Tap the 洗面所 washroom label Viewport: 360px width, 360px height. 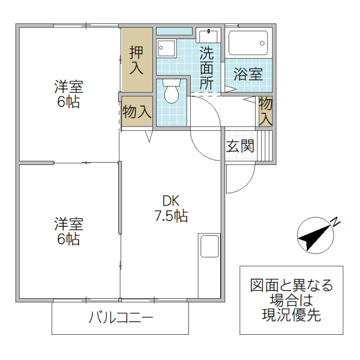coord(206,67)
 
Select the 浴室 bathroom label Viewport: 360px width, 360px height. coord(248,74)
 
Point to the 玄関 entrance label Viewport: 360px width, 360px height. coord(240,146)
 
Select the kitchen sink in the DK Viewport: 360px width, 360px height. coord(210,247)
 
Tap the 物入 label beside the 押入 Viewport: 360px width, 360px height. coord(136,112)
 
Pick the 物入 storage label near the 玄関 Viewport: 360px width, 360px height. coord(266,111)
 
